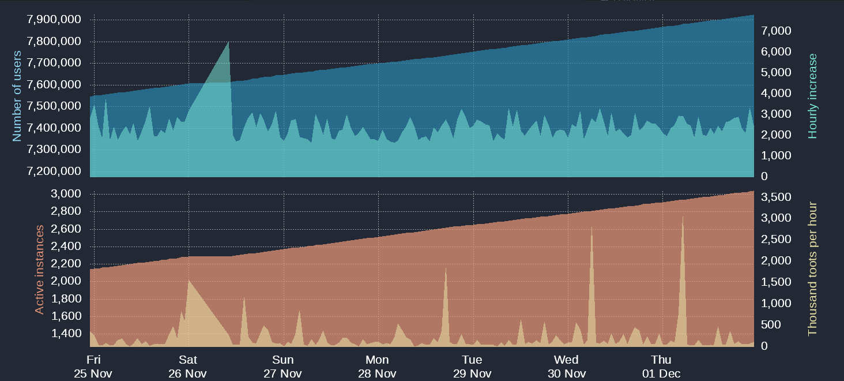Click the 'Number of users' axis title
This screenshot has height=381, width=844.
pos(17,96)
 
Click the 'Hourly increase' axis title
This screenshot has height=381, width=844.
pos(813,96)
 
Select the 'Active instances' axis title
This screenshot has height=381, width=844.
pos(39,270)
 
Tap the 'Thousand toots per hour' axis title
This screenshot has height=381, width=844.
pos(813,269)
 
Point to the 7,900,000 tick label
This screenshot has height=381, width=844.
pos(54,20)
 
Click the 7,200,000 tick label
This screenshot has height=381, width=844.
pos(54,171)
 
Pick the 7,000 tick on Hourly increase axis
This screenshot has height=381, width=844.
pos(777,31)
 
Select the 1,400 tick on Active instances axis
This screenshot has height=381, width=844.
pos(65,334)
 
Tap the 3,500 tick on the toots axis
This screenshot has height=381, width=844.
pos(777,197)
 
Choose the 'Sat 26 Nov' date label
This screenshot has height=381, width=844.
pos(188,367)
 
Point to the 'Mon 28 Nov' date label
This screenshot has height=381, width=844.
pos(377,367)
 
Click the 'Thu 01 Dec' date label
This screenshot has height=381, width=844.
pos(661,367)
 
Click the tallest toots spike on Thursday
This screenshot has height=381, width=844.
pos(683,218)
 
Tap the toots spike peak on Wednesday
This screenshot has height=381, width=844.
pos(591,228)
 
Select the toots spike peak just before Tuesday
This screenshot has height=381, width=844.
pos(446,269)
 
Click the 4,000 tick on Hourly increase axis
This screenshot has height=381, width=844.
pos(777,93)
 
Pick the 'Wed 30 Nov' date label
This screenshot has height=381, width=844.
pos(566,367)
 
